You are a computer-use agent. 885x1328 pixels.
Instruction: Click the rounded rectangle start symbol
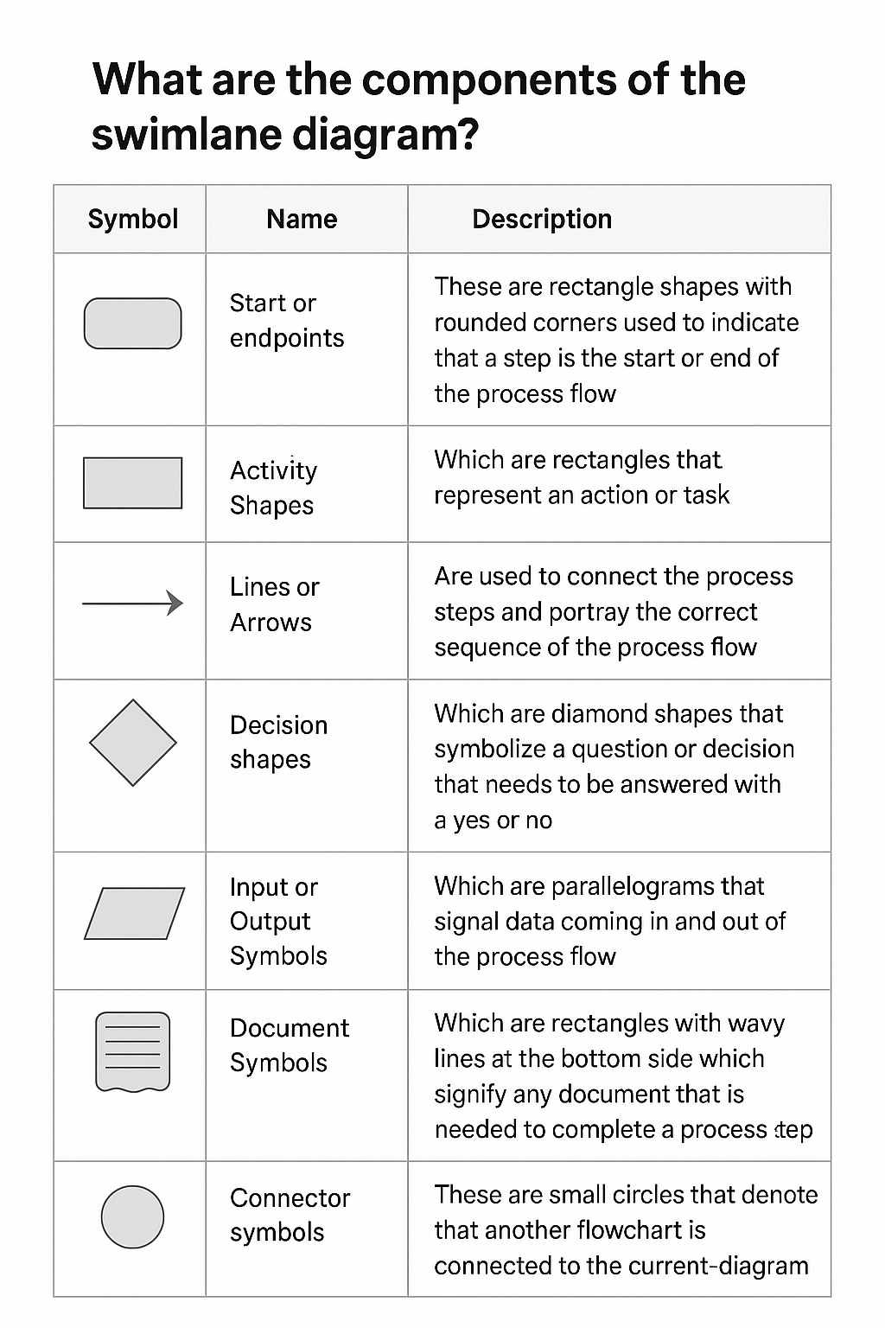click(x=132, y=323)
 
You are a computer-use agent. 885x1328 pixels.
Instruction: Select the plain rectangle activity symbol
click(x=132, y=483)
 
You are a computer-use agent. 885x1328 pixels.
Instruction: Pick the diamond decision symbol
click(x=133, y=743)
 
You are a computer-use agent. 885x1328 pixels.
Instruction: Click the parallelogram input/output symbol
click(x=134, y=913)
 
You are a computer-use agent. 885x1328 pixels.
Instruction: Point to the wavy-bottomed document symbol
click(x=132, y=1051)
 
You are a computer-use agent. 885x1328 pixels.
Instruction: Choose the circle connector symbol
click(x=132, y=1216)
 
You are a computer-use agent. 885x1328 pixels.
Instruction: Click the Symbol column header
click(x=133, y=219)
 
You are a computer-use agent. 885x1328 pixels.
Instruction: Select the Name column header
click(x=302, y=219)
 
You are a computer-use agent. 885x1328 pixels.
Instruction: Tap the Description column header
click(x=542, y=219)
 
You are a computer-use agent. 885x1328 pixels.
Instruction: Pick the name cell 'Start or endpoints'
click(x=286, y=321)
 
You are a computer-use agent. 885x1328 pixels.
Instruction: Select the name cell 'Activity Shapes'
click(x=273, y=488)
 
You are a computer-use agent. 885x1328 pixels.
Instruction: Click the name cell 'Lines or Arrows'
click(x=274, y=604)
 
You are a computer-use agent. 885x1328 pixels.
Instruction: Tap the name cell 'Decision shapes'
click(x=278, y=742)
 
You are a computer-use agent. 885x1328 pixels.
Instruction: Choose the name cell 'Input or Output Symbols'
click(x=278, y=922)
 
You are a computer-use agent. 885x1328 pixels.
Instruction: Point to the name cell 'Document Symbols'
click(x=289, y=1045)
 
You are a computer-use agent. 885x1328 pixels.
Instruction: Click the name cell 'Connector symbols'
click(x=290, y=1215)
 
